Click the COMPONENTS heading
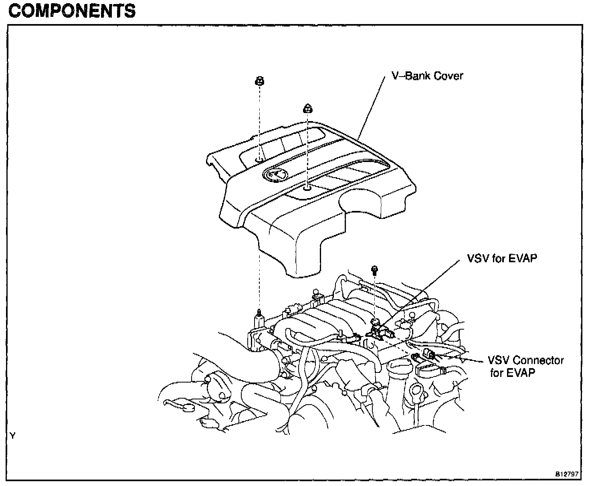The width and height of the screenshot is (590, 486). pyautogui.click(x=72, y=11)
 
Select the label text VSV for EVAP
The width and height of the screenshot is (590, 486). pyautogui.click(x=502, y=258)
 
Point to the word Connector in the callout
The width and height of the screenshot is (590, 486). pyautogui.click(x=539, y=360)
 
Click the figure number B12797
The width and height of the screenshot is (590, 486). pyautogui.click(x=566, y=474)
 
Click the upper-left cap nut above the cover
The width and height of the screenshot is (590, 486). pyautogui.click(x=259, y=81)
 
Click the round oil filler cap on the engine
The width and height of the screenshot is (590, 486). pyautogui.click(x=399, y=366)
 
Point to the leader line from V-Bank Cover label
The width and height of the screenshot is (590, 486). pyautogui.click(x=369, y=108)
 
